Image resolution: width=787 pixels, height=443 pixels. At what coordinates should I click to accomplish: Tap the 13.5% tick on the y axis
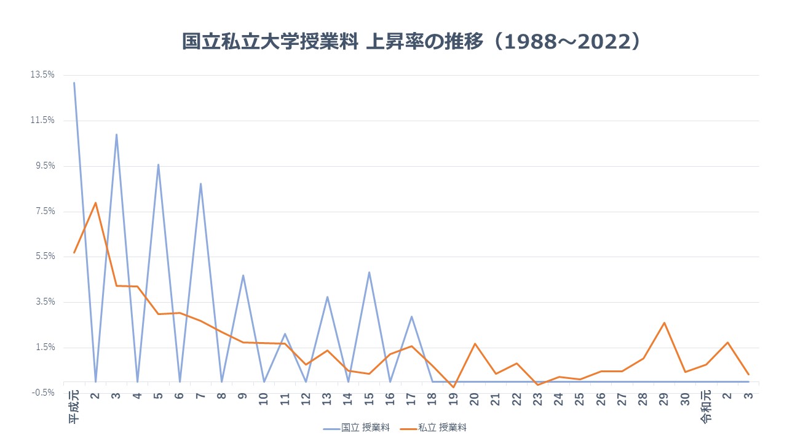(x=42, y=74)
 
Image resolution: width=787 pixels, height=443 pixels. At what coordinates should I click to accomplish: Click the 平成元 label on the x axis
(x=74, y=407)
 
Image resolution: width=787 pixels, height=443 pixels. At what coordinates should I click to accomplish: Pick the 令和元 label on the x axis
(x=706, y=407)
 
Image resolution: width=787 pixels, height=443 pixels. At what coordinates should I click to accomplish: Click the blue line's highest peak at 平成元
(x=74, y=82)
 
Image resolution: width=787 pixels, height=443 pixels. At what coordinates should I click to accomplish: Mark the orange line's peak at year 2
(x=95, y=202)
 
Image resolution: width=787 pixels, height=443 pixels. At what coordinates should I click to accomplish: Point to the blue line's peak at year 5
(x=158, y=164)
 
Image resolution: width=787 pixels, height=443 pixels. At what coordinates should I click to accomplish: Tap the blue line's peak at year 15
(x=369, y=272)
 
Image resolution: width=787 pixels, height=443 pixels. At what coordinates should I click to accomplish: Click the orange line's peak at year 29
(x=664, y=322)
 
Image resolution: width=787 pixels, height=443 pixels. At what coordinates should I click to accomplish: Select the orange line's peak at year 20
(x=475, y=343)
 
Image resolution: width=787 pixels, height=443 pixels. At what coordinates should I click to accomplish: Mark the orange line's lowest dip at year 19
(x=454, y=387)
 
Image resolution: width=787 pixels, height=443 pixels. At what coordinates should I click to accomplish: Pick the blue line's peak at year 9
(x=243, y=275)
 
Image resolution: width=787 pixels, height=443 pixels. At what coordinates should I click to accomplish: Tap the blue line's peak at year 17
(x=411, y=316)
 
